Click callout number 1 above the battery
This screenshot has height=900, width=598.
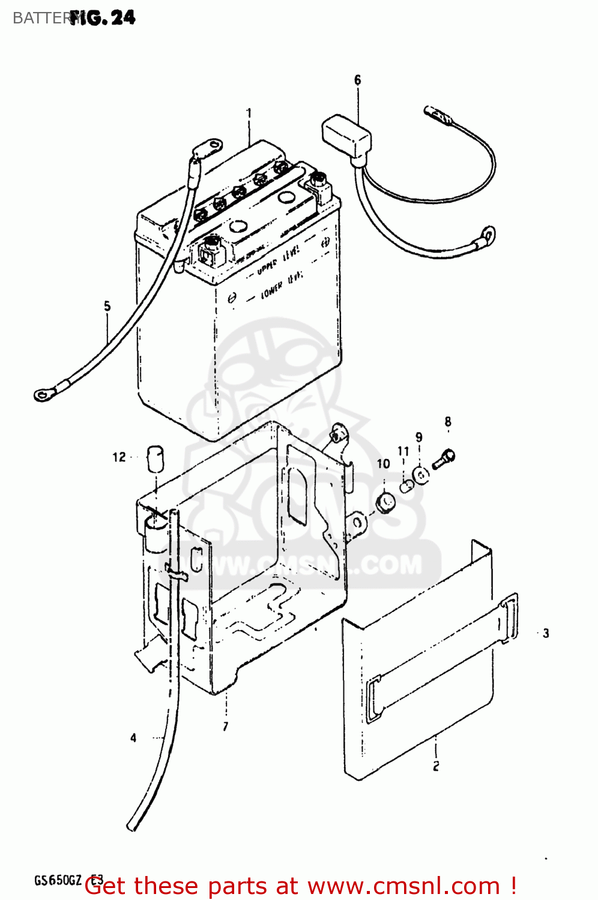249,113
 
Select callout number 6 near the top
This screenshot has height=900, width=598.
358,80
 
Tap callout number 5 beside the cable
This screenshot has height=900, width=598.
107,306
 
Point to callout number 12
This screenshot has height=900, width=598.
119,457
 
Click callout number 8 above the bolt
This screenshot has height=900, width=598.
448,422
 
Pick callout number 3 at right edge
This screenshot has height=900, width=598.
546,633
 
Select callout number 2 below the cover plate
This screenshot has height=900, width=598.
436,766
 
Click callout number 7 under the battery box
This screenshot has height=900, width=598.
226,727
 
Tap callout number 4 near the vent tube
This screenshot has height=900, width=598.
133,738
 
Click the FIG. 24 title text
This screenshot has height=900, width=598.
103,18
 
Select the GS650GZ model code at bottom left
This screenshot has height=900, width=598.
58,880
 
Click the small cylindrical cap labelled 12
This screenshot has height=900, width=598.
156,459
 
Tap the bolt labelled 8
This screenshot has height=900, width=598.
444,460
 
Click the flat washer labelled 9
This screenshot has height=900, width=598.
421,475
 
